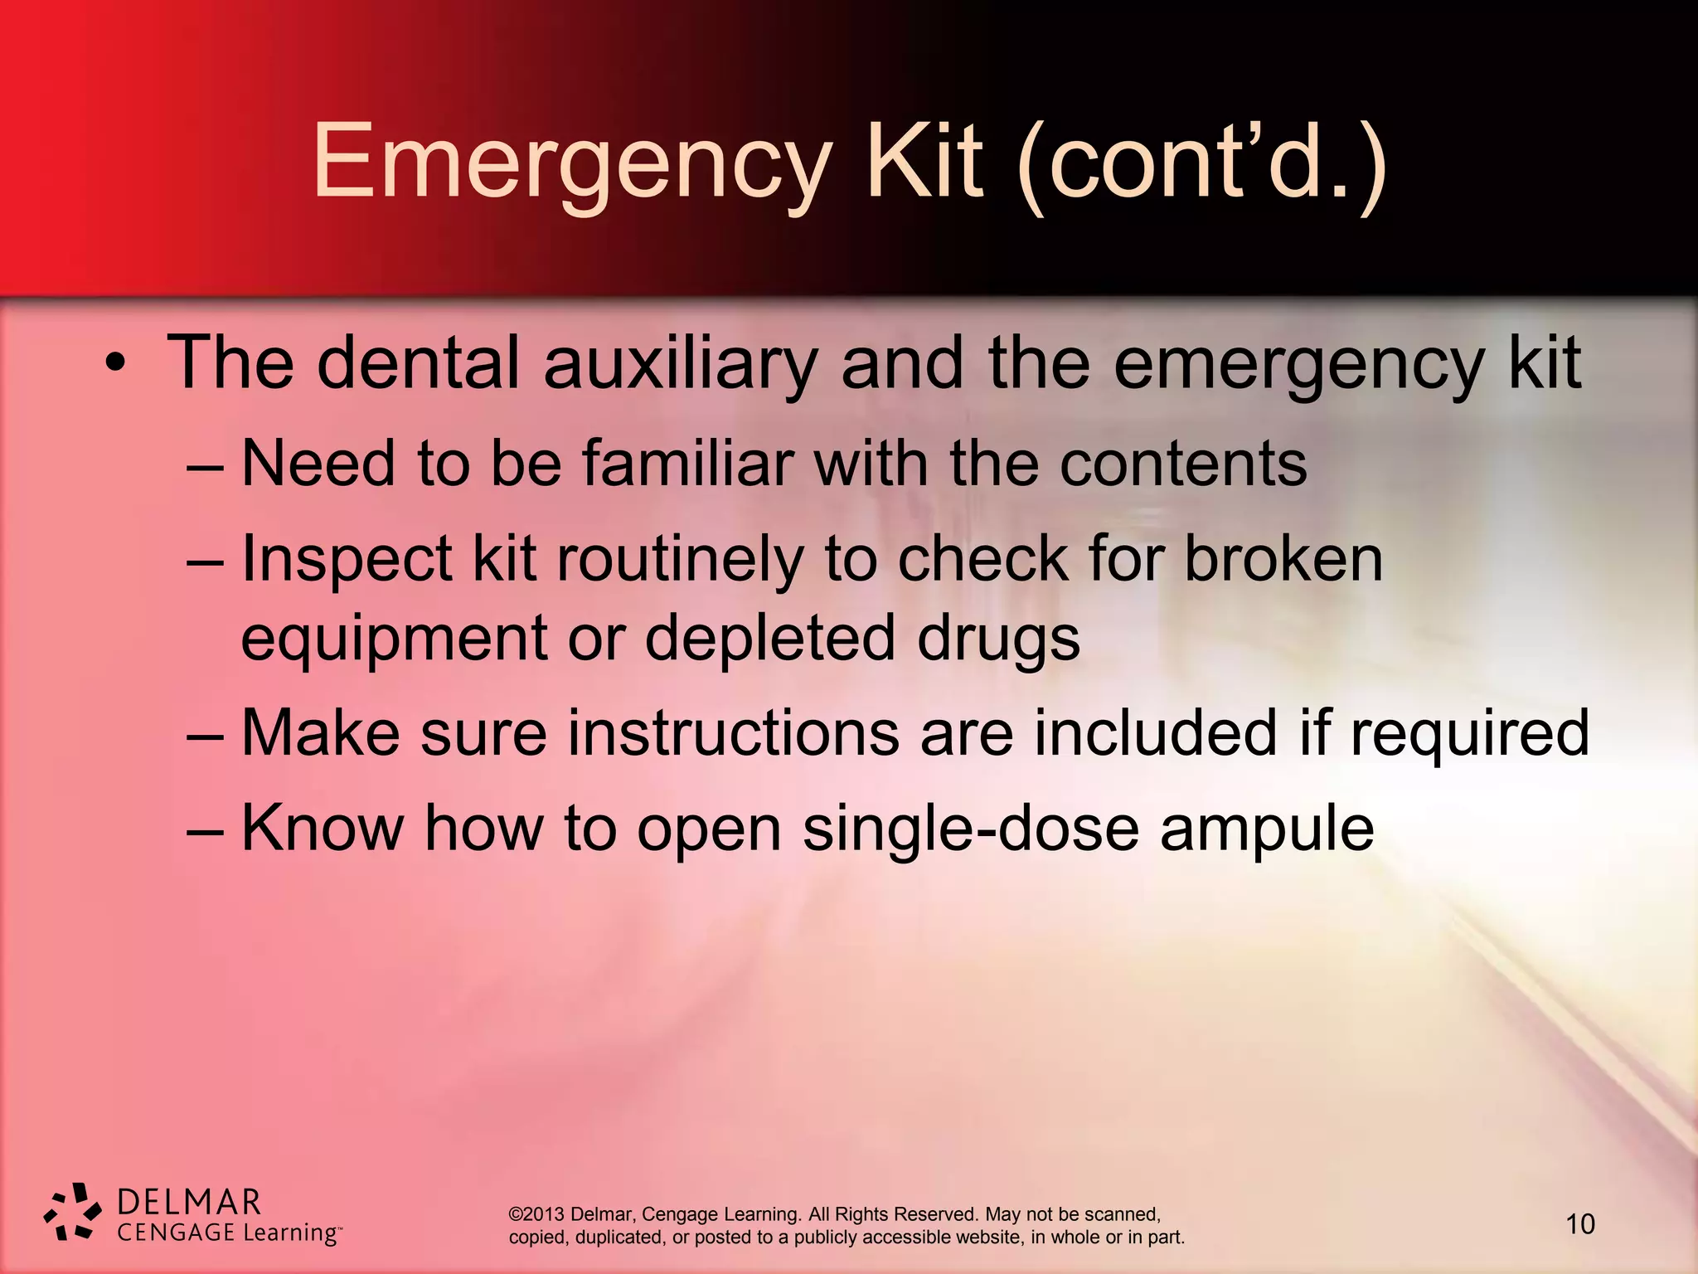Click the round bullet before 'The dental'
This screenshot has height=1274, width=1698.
(115, 364)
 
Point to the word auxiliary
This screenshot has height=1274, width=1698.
(680, 363)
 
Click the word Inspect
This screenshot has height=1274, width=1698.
(347, 559)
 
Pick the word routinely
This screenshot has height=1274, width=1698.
(680, 559)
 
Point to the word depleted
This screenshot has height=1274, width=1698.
(770, 639)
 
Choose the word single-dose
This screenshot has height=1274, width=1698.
(971, 828)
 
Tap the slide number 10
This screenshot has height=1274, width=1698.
(1579, 1224)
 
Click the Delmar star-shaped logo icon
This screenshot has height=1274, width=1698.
(73, 1213)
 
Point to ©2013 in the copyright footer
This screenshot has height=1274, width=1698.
(536, 1214)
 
